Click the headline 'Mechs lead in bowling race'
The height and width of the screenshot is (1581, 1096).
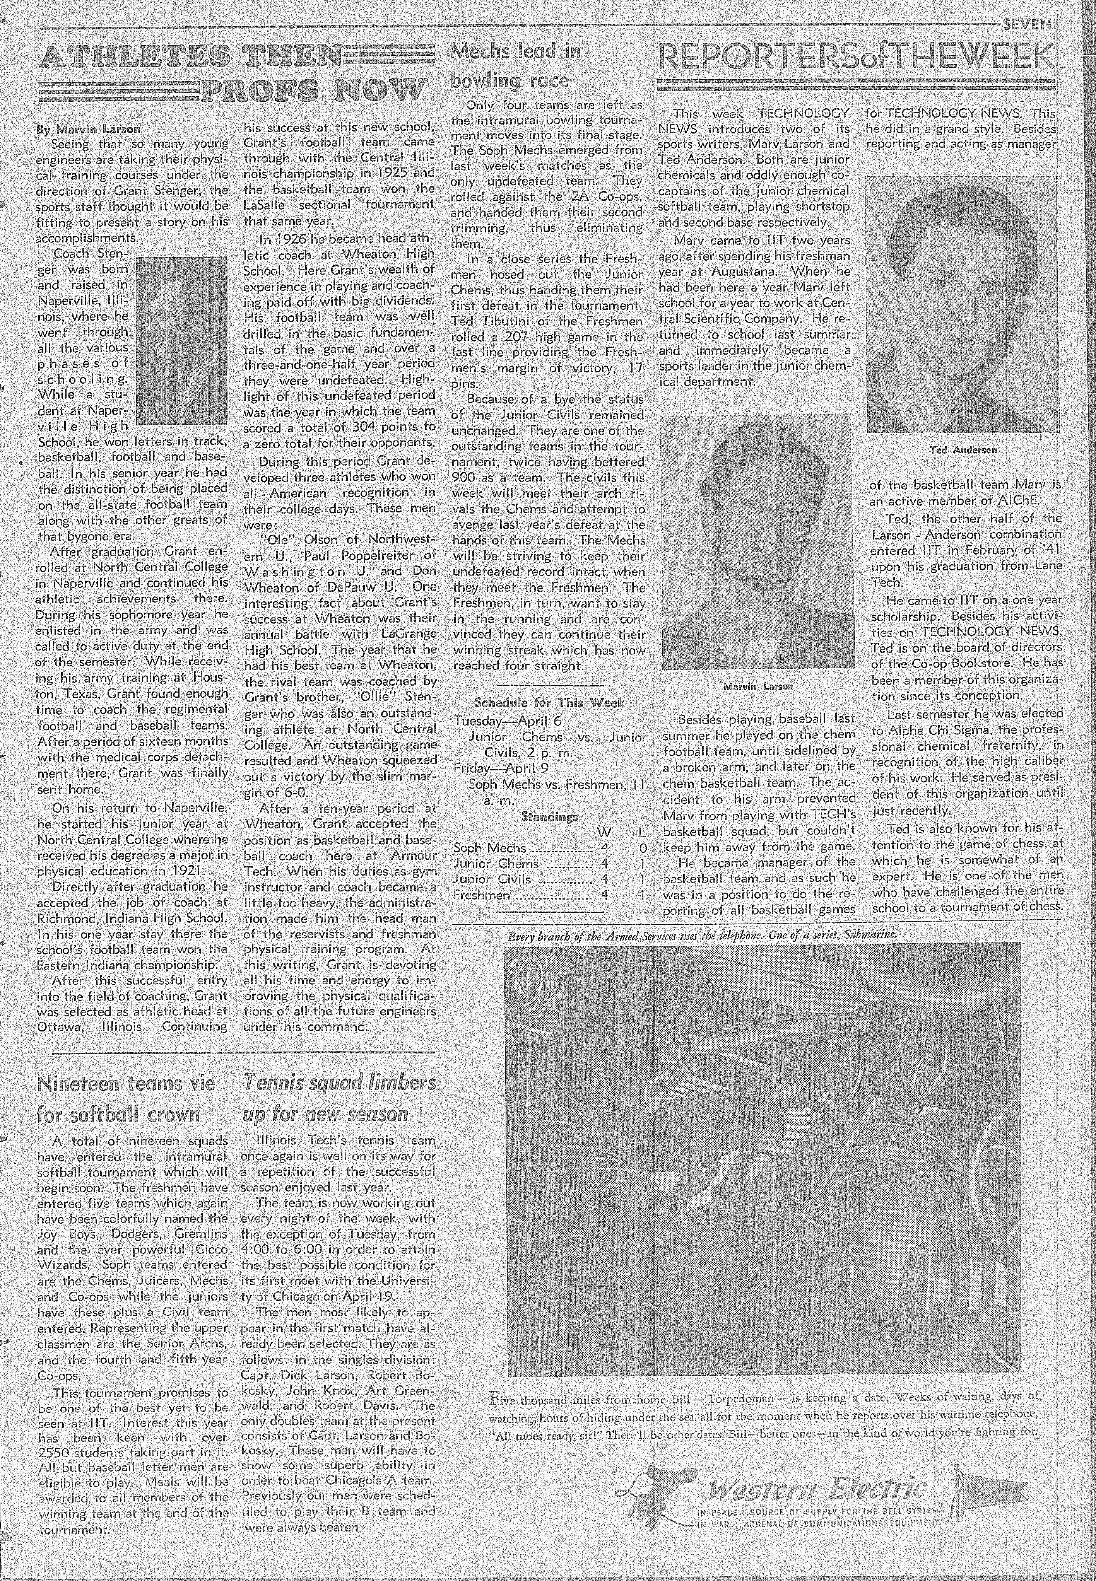[509, 66]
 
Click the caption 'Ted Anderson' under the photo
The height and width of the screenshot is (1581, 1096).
[963, 450]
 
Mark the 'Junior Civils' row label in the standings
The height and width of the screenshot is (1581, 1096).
[492, 879]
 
